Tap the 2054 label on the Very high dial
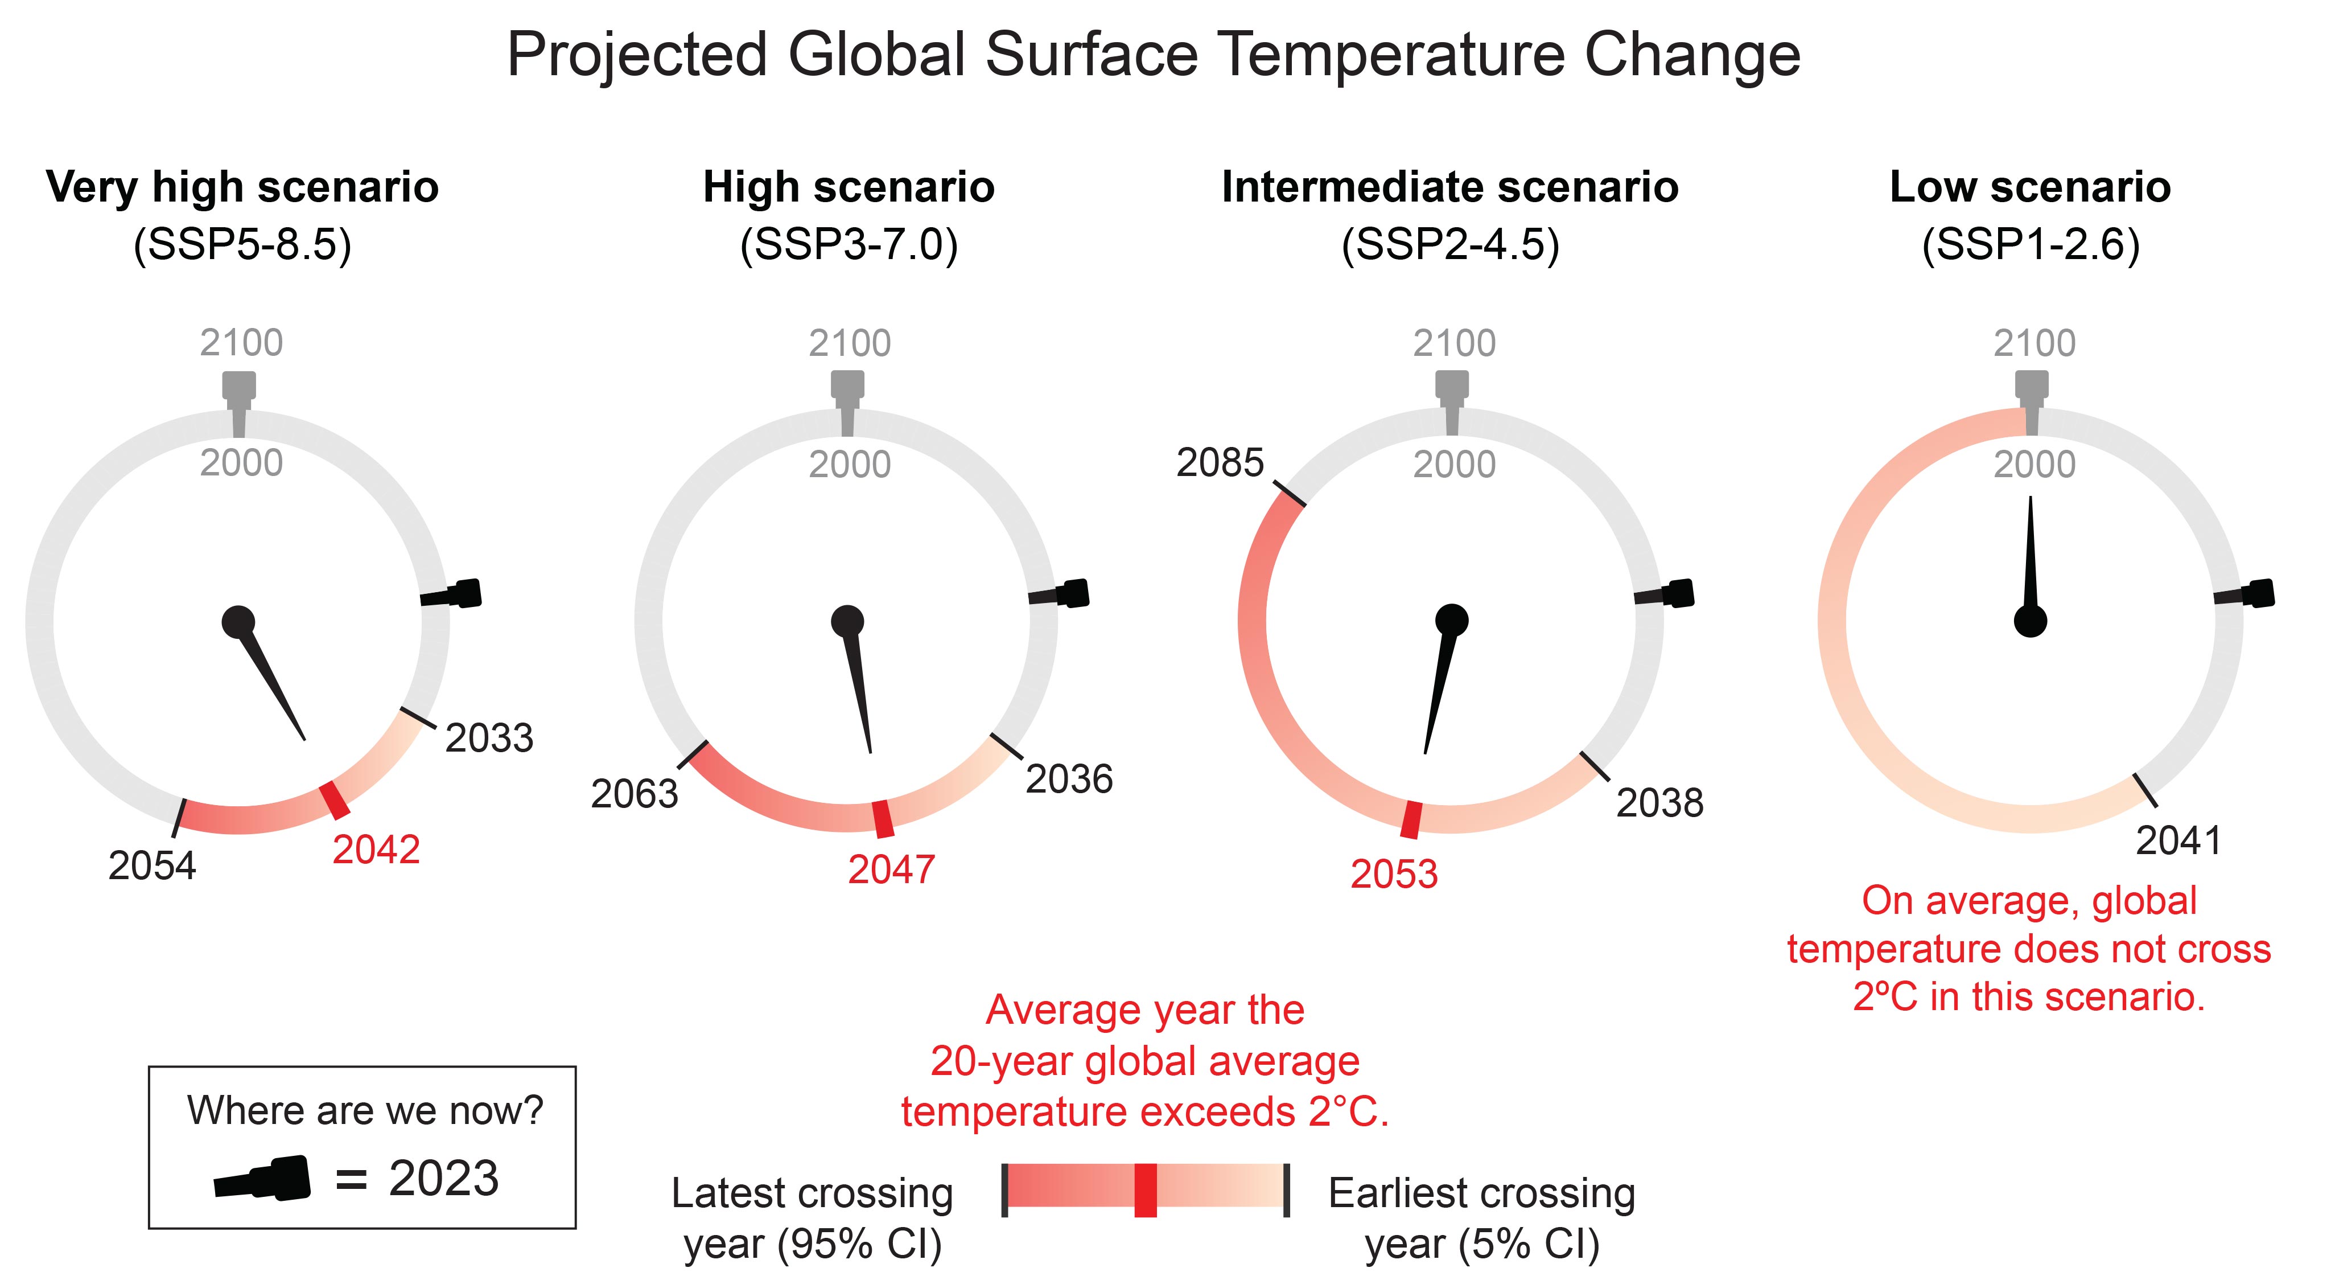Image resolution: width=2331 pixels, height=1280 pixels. click(152, 866)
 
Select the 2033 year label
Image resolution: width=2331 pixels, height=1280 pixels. click(489, 739)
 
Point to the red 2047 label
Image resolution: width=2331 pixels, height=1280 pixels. click(891, 870)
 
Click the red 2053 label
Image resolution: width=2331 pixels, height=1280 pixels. click(1394, 875)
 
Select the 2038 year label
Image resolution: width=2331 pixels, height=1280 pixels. click(1659, 803)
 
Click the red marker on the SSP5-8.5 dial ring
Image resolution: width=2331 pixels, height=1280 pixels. click(335, 800)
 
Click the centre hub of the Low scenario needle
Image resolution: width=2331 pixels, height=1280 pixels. click(2031, 622)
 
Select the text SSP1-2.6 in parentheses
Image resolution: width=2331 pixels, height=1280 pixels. click(2031, 244)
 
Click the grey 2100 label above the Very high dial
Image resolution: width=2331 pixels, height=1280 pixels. click(242, 343)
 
